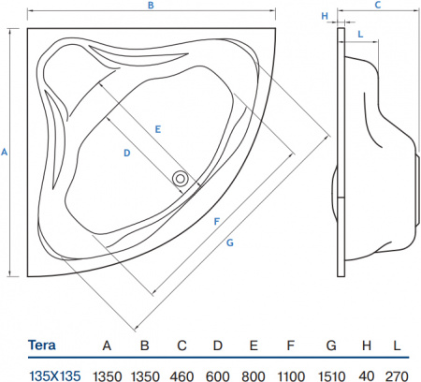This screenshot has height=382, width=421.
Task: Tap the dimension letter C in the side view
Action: pyautogui.click(x=377, y=6)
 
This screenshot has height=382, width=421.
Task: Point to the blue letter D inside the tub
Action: pyautogui.click(x=124, y=152)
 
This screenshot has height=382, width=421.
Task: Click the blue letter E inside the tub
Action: pyautogui.click(x=159, y=127)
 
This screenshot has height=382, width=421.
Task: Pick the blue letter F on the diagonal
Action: pyautogui.click(x=216, y=222)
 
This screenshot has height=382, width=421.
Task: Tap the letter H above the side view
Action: pyautogui.click(x=325, y=16)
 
